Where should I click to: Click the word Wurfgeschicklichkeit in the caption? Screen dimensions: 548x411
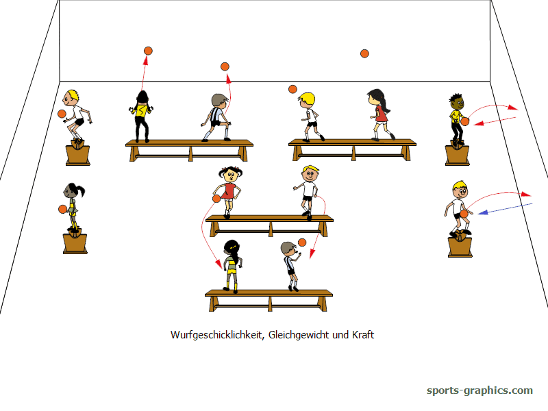(x=216, y=335)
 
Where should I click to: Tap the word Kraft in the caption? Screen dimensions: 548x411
(x=363, y=334)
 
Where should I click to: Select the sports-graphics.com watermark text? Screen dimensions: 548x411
(x=480, y=390)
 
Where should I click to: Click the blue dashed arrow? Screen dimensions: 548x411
(x=505, y=208)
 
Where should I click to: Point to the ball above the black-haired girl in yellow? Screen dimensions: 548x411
(x=148, y=51)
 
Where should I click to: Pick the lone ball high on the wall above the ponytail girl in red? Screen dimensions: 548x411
(x=364, y=53)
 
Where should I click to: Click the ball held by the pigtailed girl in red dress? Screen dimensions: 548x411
(x=216, y=199)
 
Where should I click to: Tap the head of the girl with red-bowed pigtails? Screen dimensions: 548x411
(x=230, y=174)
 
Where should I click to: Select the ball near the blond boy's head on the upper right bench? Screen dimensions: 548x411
(x=293, y=89)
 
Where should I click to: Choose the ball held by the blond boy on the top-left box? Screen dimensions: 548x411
(x=62, y=114)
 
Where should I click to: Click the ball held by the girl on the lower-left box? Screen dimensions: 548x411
(x=62, y=209)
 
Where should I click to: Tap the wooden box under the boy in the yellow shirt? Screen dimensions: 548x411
(x=457, y=154)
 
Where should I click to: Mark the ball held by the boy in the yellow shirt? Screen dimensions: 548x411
(x=465, y=121)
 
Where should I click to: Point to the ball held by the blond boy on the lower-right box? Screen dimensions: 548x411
(x=464, y=214)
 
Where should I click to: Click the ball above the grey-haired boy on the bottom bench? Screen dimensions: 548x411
(x=302, y=242)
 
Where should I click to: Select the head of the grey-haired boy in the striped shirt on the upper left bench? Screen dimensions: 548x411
(x=219, y=101)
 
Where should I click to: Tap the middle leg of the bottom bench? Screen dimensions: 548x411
(x=270, y=303)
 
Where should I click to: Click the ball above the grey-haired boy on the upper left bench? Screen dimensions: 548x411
(x=225, y=66)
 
